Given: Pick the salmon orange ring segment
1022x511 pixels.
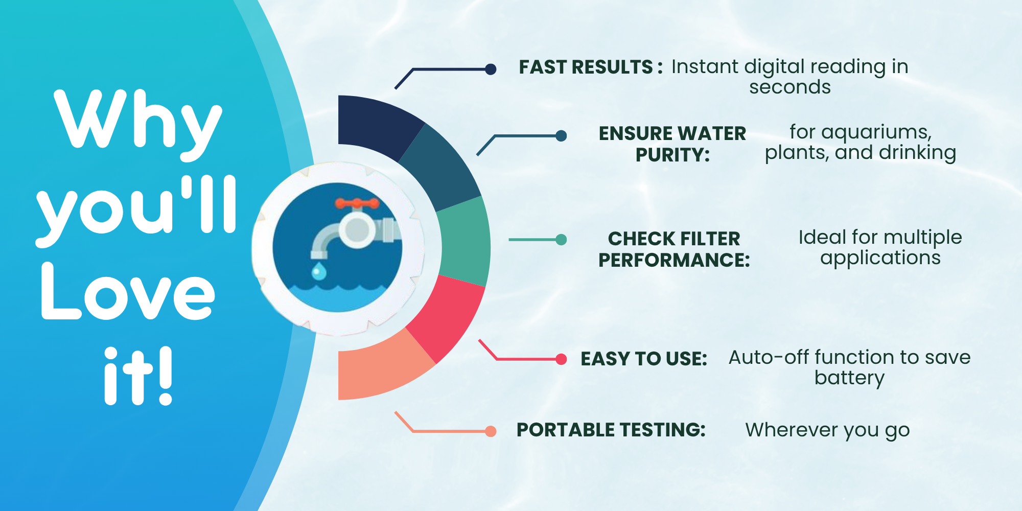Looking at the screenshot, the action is point(381,368).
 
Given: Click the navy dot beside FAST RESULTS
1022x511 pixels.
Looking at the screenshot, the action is point(491,69).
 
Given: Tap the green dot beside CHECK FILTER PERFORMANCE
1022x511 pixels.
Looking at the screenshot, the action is point(561,240).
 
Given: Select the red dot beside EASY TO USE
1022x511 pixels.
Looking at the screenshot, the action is point(561,359).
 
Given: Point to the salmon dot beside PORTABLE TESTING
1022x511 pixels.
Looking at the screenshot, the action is point(491,431).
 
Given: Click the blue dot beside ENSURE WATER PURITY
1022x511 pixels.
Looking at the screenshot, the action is point(561,135).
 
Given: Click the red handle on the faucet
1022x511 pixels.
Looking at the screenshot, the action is point(357,204).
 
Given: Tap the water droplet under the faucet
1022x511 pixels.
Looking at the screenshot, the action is point(319,271).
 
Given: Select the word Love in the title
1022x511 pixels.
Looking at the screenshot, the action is point(128,291).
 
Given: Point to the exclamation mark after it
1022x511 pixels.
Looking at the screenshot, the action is point(165,376).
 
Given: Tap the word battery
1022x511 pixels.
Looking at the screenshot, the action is point(849,378).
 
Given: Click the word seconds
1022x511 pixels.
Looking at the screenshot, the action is point(790,87).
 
